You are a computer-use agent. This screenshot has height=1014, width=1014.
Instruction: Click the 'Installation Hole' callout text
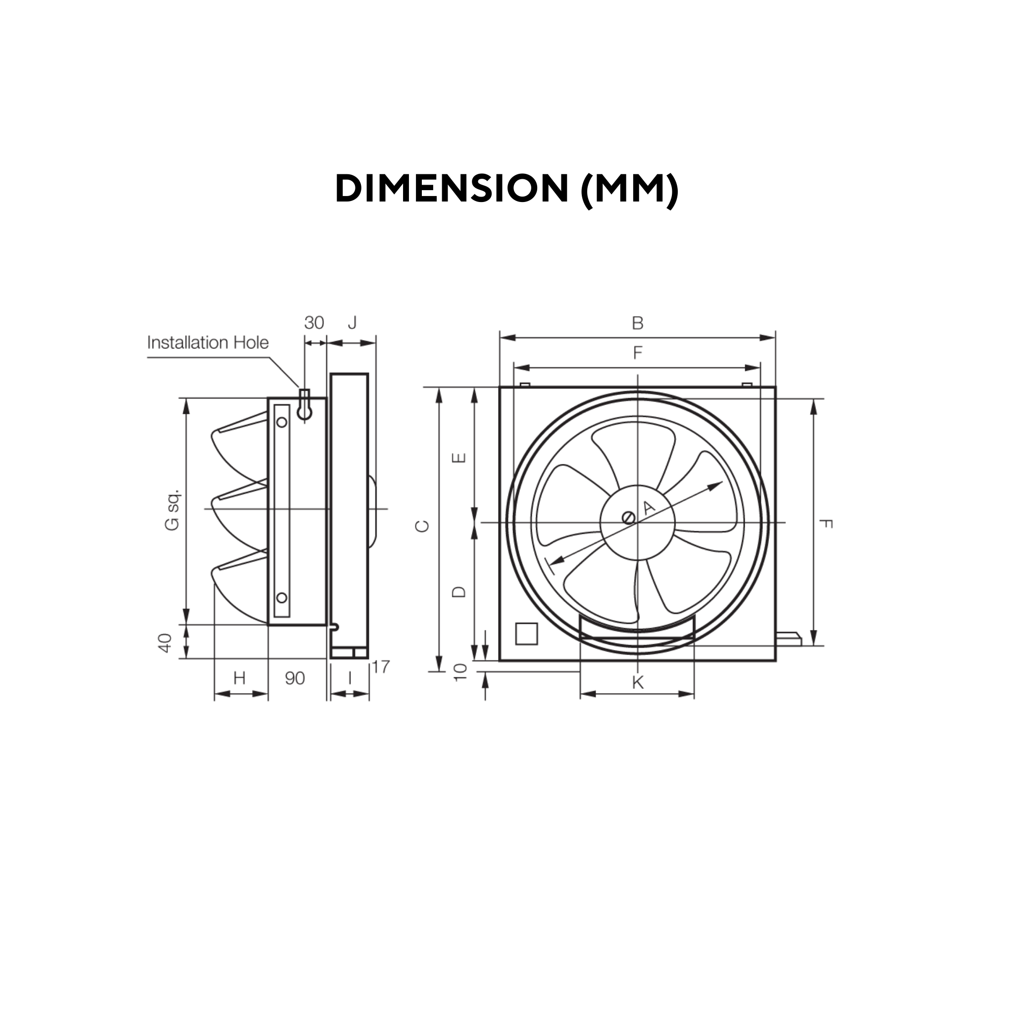coord(208,343)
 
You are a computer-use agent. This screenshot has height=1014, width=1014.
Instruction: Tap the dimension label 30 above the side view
coord(314,323)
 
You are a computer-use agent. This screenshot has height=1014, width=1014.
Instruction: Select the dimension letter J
coord(352,322)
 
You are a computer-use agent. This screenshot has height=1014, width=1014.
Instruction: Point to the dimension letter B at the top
coord(637,323)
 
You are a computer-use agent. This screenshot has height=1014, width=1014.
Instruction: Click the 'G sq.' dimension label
coord(172,509)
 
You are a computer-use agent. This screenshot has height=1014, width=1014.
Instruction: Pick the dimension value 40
coord(165,643)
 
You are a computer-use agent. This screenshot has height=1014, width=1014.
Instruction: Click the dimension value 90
coord(295,679)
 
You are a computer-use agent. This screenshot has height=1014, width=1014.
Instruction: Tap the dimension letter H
coord(239,679)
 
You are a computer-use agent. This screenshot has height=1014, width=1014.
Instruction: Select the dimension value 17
coord(381,667)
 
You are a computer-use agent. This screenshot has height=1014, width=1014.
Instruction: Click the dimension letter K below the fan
coord(637,683)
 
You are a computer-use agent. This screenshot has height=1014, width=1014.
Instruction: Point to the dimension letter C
coord(422,526)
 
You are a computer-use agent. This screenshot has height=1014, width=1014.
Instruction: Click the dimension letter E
coord(458,458)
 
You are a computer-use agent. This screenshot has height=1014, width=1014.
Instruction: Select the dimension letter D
coord(458,592)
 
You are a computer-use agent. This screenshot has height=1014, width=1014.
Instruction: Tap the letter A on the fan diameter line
coord(649,507)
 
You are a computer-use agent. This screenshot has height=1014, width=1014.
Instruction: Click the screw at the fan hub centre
coord(628,518)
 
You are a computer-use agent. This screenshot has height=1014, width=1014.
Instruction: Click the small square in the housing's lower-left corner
coord(526,633)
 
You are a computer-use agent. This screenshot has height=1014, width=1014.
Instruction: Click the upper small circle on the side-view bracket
coord(282,422)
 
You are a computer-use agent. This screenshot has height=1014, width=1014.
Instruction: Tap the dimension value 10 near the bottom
coord(460,672)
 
